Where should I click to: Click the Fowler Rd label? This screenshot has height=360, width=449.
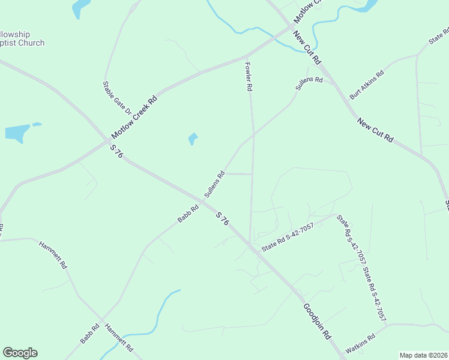click(248, 76)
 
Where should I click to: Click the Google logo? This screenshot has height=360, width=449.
click(20, 353)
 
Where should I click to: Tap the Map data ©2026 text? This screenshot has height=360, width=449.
click(424, 355)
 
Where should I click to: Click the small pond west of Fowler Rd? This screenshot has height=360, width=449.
click(192, 139)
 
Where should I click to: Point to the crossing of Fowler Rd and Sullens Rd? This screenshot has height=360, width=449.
click(253, 135)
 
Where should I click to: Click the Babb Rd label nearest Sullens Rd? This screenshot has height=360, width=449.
click(188, 214)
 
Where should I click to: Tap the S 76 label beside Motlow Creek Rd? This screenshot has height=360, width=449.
click(116, 151)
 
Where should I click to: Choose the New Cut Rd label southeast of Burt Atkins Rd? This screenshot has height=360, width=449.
click(375, 130)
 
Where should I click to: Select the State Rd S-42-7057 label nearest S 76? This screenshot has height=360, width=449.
click(288, 237)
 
